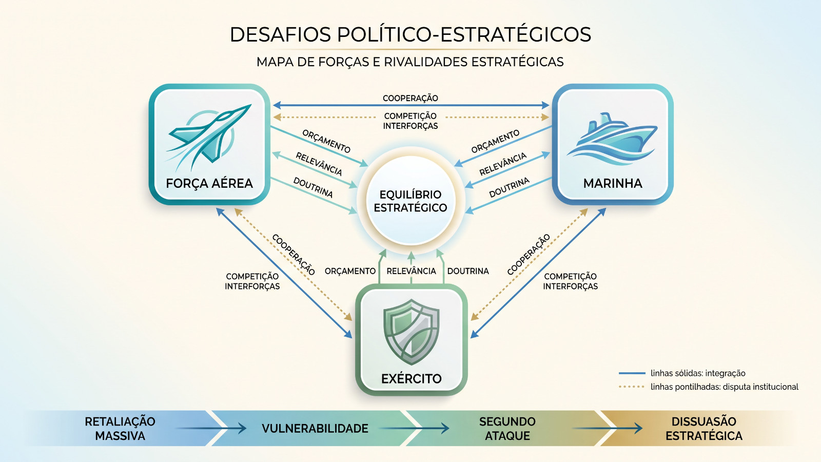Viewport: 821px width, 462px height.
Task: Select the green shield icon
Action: point(411,332)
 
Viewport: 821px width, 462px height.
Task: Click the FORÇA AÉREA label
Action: point(209,183)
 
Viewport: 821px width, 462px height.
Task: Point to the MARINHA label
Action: point(613,183)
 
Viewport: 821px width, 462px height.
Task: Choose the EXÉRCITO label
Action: point(411,378)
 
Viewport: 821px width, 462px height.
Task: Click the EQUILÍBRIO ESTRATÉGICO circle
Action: point(411,201)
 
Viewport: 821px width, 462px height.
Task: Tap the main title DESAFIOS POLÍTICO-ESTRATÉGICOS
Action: point(411,34)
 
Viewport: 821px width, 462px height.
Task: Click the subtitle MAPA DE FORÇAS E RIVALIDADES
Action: point(410,62)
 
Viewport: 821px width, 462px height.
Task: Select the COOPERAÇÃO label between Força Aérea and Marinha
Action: point(411,98)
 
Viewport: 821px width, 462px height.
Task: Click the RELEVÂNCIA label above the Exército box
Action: point(411,271)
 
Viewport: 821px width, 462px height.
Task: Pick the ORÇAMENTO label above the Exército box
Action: point(350,271)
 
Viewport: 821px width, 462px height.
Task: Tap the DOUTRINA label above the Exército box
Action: point(468,271)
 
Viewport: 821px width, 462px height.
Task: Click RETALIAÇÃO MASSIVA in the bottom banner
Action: point(120,429)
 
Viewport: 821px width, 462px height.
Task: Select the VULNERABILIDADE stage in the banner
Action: point(315,428)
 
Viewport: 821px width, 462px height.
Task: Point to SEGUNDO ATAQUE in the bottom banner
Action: point(507,429)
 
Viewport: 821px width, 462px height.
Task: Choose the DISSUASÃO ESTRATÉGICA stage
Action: point(703,429)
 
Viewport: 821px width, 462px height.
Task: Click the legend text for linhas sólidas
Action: point(698,373)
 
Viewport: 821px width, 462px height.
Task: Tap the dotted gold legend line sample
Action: point(632,387)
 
